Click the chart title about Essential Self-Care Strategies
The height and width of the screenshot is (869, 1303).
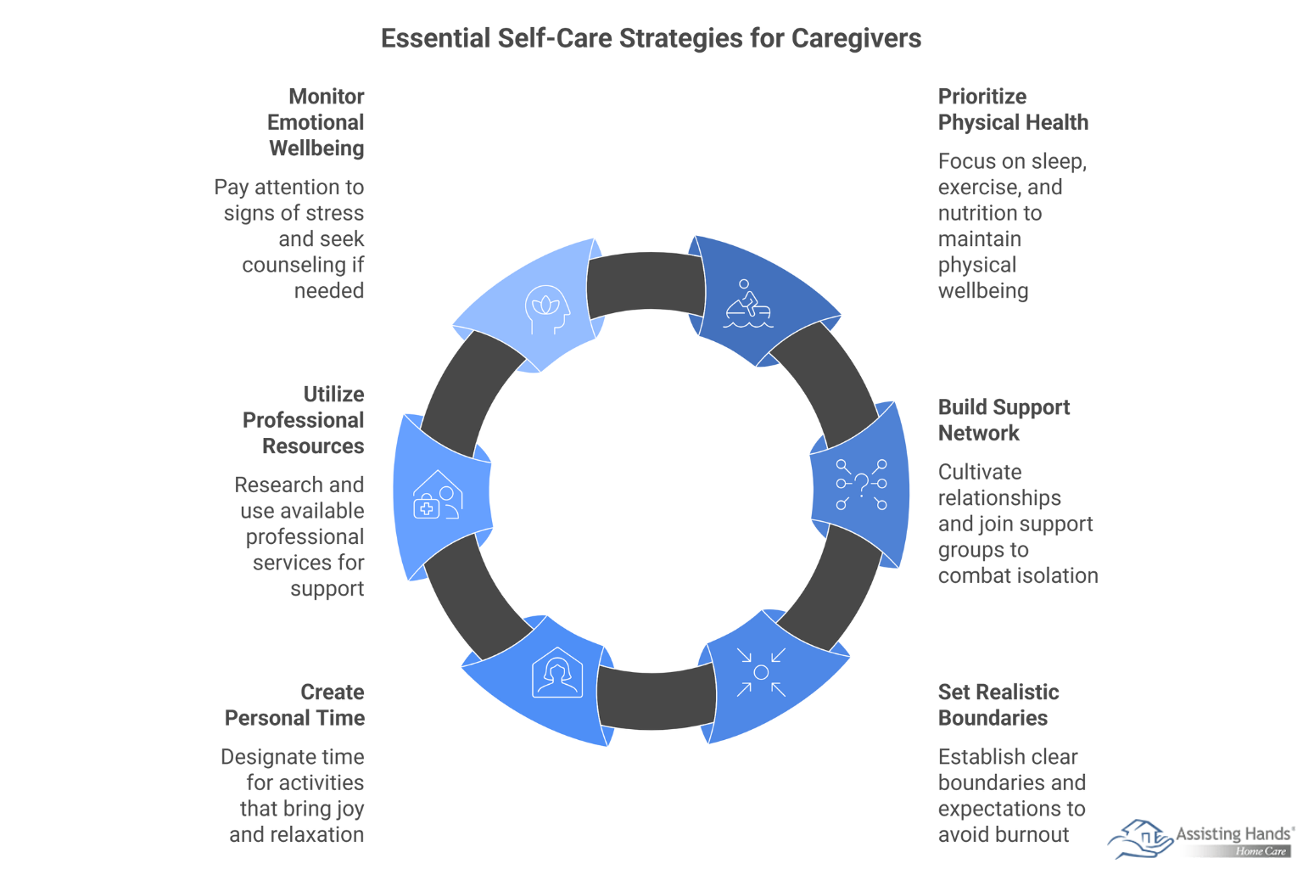651,38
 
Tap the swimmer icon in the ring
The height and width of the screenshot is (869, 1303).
747,305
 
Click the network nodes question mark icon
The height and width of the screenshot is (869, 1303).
861,485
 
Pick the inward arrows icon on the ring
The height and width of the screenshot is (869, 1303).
761,672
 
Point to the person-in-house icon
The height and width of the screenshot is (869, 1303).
557,673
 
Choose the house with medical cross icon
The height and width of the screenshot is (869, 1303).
438,496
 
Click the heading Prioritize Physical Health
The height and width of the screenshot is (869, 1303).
1013,109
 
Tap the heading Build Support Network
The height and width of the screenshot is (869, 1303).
1004,420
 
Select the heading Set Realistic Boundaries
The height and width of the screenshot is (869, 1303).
998,705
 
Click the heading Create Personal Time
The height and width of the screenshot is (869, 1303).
295,705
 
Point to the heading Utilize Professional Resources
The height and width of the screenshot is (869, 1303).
304,420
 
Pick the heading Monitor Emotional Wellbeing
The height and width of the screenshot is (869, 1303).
316,122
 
